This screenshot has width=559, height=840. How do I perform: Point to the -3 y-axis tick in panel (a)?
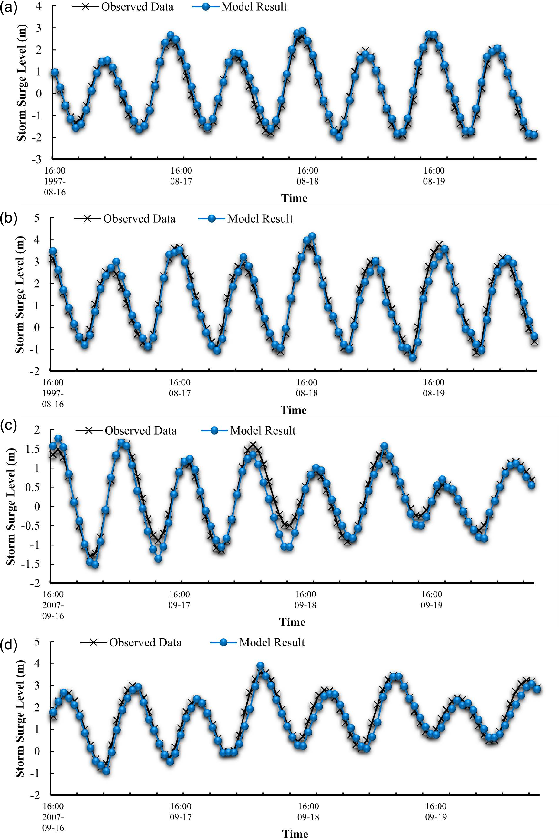tap(36, 159)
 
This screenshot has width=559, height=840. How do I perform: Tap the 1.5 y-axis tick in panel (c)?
tap(32, 449)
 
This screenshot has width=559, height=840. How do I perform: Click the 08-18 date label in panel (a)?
tap(307, 181)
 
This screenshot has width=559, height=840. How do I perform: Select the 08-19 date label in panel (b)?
tap(434, 393)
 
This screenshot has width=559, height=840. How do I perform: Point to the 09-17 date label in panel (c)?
tap(179, 605)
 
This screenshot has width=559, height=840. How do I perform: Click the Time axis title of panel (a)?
tap(294, 198)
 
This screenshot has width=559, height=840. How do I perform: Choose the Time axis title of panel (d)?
tap(295, 834)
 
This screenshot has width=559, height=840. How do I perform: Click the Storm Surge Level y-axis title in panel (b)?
tap(20, 295)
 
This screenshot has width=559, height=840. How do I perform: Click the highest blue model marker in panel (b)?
tap(312, 236)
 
